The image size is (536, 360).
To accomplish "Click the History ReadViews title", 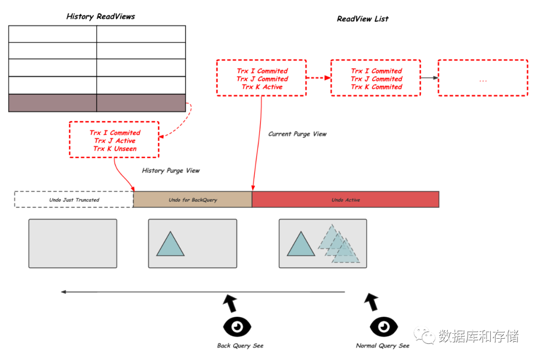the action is [100, 16].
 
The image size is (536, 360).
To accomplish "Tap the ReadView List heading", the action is [363, 19].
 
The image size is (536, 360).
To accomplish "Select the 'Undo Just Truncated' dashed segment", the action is [74, 200].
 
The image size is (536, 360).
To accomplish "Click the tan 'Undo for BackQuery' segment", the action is [193, 200].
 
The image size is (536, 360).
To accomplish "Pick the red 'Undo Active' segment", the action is [345, 200].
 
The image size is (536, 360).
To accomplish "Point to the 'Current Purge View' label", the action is [297, 134].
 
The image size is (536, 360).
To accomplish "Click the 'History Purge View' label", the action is [171, 171].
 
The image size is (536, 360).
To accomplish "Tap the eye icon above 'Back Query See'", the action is [237, 327].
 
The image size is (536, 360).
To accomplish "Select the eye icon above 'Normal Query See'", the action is [384, 327].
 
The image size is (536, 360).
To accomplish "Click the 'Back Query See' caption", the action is [240, 346].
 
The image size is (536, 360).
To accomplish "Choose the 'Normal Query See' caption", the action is [383, 346].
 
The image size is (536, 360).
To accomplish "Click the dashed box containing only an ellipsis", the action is [483, 78].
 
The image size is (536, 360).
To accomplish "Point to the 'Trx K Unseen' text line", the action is [115, 149].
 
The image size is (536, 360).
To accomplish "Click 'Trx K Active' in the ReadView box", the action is [262, 87].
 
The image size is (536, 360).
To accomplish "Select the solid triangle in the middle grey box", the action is [170, 244].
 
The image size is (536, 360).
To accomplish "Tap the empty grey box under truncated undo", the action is [73, 243].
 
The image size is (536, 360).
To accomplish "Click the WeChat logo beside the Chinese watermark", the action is [424, 335].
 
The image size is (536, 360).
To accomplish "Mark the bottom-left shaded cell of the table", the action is [53, 103].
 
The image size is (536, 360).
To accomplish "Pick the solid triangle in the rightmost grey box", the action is [301, 244].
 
